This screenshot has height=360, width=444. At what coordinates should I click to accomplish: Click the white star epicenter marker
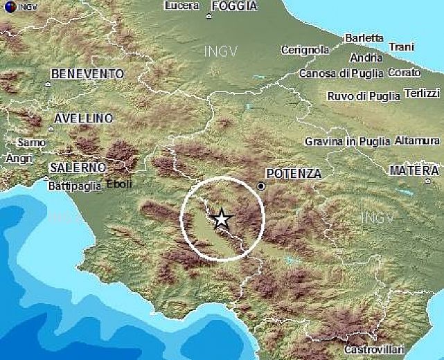point(221,219)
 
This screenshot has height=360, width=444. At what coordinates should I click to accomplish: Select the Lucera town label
point(183,6)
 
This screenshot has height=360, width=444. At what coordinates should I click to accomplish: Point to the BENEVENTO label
point(87,74)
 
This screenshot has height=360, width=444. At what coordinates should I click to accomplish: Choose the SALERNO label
point(78,168)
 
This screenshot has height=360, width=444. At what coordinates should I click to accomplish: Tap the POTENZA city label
point(294,174)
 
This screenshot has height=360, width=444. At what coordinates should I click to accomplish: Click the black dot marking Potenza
point(261,186)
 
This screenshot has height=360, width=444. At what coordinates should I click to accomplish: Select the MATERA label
point(414,170)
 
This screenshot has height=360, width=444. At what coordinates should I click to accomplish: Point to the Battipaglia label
point(74,186)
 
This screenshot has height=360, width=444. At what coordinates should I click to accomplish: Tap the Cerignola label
point(305,50)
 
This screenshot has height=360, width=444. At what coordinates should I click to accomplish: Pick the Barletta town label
point(364,38)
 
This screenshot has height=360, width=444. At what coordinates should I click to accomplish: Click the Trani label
point(402,47)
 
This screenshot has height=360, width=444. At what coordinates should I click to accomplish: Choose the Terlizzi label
point(422,93)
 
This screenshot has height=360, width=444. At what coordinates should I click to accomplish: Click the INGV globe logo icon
point(7,7)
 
